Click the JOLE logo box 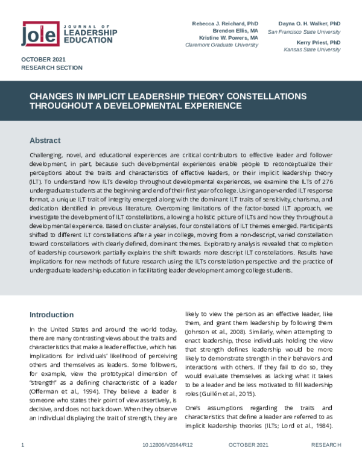tap(40, 34)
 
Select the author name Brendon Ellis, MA tap(235, 30)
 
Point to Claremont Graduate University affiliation tap(225, 45)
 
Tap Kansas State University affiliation tap(312, 51)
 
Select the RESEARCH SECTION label tap(52, 68)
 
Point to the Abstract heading tap(45, 141)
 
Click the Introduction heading tap(52, 314)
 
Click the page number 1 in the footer tap(22, 461)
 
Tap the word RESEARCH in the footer tap(326, 461)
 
